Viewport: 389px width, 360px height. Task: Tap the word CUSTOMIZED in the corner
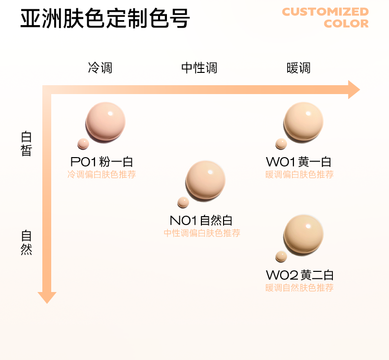(325, 11)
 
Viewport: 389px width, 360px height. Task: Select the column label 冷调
(100, 68)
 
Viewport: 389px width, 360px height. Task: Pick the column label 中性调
(199, 68)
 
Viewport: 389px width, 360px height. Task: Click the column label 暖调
(298, 68)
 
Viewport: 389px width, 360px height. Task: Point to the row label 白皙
(26, 143)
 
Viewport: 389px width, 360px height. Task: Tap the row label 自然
(26, 242)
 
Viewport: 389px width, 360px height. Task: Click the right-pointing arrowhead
(355, 90)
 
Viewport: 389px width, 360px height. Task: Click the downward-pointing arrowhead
(47, 297)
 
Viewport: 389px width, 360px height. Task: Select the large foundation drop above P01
(105, 122)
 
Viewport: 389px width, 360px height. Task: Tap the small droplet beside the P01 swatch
(83, 144)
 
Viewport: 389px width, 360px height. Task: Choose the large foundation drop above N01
(205, 180)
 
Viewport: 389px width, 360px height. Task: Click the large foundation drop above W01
(303, 122)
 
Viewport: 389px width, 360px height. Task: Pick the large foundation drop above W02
(303, 234)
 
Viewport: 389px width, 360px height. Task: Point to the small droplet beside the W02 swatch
(281, 256)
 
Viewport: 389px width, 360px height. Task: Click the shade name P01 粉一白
(102, 162)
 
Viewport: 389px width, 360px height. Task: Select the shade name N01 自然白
(201, 221)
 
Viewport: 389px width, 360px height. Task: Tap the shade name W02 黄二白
(300, 275)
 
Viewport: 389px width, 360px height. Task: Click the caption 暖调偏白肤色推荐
(300, 174)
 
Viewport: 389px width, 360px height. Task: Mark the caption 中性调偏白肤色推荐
(202, 233)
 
